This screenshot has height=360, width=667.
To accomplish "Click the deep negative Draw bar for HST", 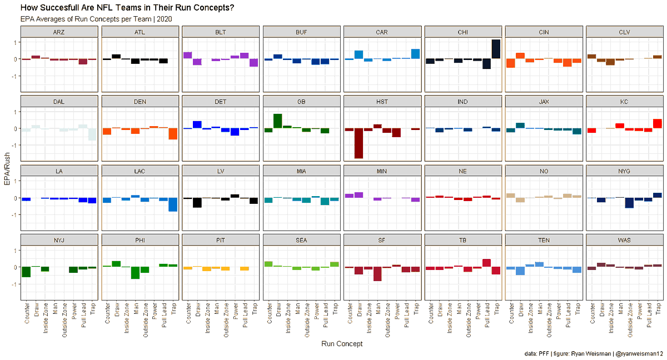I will click(359, 143).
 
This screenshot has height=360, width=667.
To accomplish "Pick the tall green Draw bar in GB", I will click(277, 121).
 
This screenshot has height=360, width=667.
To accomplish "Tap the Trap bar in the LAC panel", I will click(173, 204).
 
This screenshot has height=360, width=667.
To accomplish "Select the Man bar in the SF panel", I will click(377, 274).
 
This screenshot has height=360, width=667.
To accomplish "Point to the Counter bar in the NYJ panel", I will click(26, 272).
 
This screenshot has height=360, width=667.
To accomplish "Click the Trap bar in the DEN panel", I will click(173, 134).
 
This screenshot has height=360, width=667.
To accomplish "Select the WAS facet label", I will click(625, 240).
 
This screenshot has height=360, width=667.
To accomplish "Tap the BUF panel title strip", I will click(301, 32).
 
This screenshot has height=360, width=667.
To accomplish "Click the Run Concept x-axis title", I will click(342, 344).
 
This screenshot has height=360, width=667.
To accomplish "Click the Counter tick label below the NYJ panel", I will click(26, 315).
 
